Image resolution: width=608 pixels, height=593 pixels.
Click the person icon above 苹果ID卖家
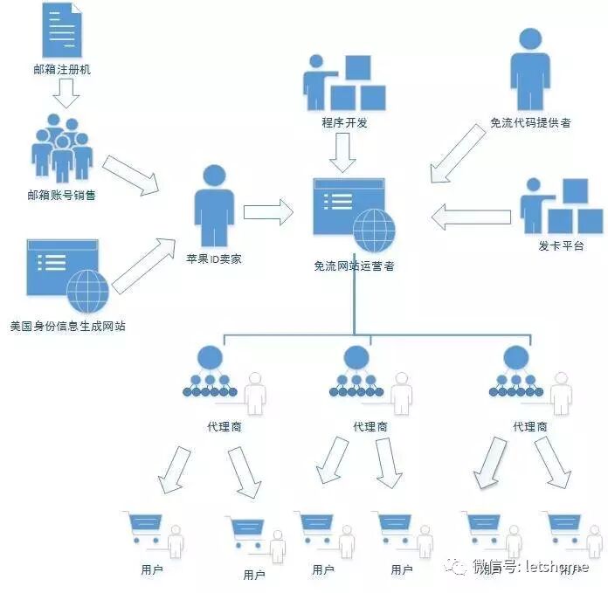[x=214, y=206]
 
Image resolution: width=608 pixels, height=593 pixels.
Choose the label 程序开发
[x=345, y=123]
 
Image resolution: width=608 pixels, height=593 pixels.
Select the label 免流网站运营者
[x=354, y=265]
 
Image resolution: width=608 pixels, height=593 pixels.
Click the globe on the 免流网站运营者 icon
[x=374, y=229]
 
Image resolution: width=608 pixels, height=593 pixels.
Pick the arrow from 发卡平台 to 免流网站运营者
[x=469, y=216]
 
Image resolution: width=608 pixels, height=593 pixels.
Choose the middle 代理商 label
[x=370, y=427]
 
